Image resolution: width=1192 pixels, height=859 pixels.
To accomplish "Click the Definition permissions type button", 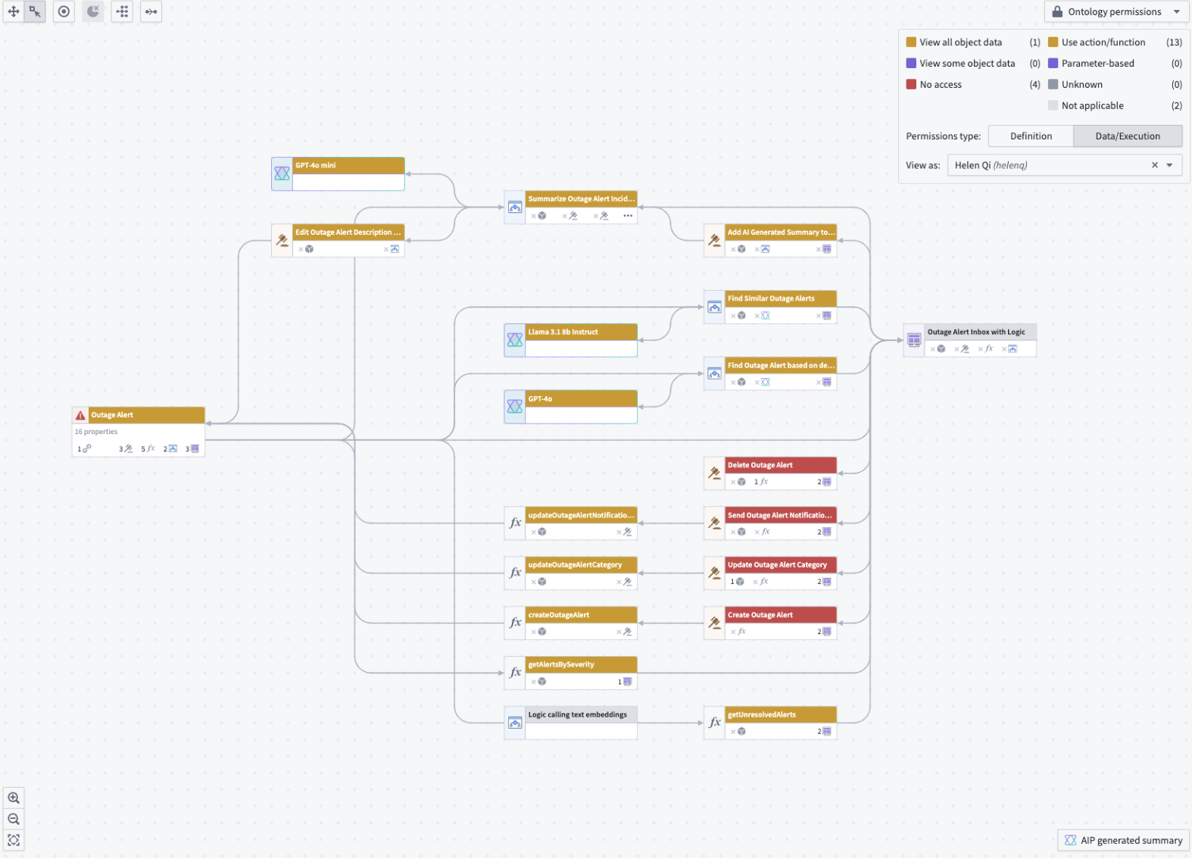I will point(1031,136).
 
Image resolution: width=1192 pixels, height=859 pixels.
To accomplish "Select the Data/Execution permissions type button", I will point(1127,136).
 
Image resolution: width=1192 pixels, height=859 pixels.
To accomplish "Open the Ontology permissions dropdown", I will point(1116,12).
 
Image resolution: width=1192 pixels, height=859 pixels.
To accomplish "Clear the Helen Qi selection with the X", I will point(1155,165).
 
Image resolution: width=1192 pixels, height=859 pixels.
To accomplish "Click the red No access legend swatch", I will point(911,85).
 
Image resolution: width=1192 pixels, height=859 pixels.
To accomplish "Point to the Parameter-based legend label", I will point(1097,64).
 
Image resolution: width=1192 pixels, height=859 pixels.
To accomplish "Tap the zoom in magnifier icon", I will point(14,798).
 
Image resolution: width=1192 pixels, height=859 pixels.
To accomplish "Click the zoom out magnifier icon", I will point(14,819).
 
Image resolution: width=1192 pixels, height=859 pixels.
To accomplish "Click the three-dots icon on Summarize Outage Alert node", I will point(628,216).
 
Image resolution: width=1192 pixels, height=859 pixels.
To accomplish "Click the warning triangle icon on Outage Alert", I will point(80,415).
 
